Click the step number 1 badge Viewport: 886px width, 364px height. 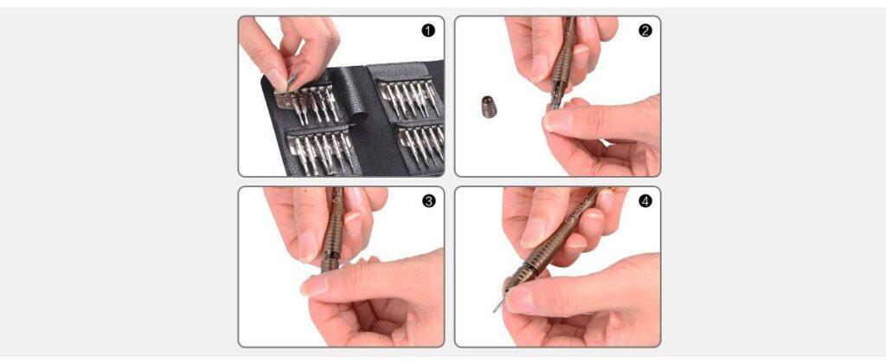pos(428,30)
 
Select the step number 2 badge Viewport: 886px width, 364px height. pos(645,30)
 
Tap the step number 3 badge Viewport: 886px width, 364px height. pos(428,201)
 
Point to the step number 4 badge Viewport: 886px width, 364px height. pos(645,201)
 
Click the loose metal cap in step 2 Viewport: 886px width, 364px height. pos(489,107)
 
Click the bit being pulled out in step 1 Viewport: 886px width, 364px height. pos(290,84)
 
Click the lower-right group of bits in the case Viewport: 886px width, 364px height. pos(421,145)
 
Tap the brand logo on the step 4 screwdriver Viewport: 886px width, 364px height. pos(575,214)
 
